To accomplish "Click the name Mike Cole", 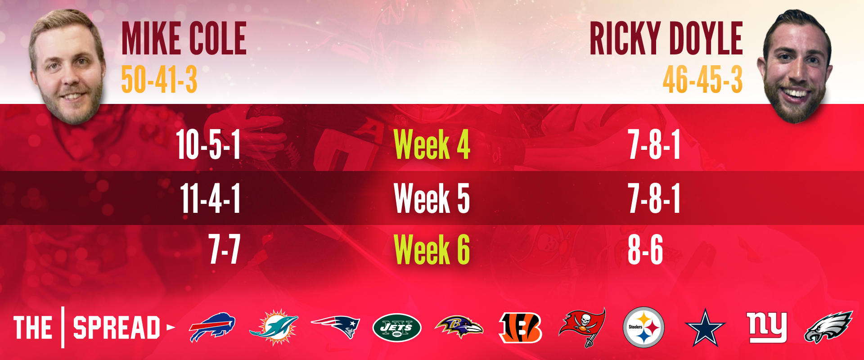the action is tap(184, 39).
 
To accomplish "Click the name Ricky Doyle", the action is tap(666, 39).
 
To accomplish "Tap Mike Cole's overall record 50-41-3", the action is tap(159, 79).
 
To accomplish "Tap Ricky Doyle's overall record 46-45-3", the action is tap(702, 79).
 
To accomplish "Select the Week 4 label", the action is tap(432, 144).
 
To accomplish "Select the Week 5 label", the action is tap(432, 198).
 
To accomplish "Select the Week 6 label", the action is tap(432, 249).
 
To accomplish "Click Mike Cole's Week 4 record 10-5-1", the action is tap(208, 144).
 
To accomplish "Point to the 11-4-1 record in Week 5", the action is tap(211, 198).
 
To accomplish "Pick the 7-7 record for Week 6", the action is tap(225, 249).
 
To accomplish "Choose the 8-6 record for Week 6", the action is tap(645, 249).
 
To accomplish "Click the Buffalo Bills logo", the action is tap(212, 327).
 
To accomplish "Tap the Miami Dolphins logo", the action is tap(274, 327).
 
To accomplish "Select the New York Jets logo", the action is tap(397, 327).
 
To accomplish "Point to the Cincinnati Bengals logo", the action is tap(521, 327).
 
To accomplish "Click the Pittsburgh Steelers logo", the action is tap(643, 327).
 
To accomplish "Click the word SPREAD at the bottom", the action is tap(117, 327).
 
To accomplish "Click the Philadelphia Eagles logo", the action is tap(828, 327).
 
